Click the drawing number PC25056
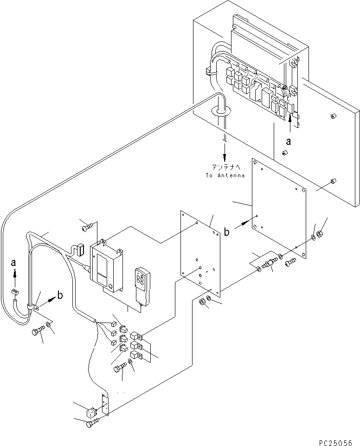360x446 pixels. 335,443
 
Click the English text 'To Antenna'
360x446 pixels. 225,175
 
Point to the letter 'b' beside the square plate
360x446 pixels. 226,232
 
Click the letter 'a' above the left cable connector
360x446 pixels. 13,263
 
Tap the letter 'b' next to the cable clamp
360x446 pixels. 60,296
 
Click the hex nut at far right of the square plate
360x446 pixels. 320,235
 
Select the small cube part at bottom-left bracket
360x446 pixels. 91,413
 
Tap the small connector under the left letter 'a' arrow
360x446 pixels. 14,291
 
